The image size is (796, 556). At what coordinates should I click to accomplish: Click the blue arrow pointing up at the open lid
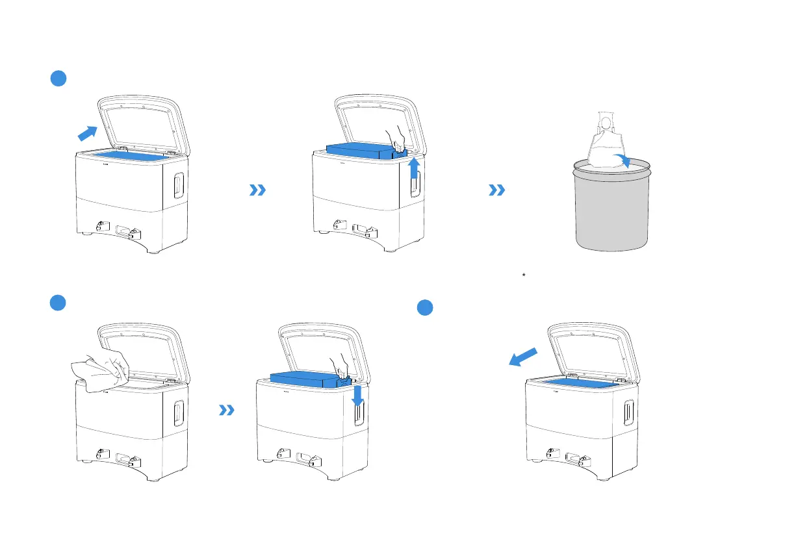(86, 133)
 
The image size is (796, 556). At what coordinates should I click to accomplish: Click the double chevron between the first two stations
(258, 190)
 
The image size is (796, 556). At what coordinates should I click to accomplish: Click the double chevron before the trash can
(497, 190)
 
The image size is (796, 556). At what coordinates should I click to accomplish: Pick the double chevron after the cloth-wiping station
(226, 410)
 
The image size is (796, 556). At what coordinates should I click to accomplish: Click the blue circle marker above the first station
(58, 79)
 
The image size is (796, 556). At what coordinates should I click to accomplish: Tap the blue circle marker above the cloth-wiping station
(58, 303)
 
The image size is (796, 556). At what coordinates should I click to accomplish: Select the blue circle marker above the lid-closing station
(425, 308)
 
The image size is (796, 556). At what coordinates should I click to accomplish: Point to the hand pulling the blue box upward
(396, 138)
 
